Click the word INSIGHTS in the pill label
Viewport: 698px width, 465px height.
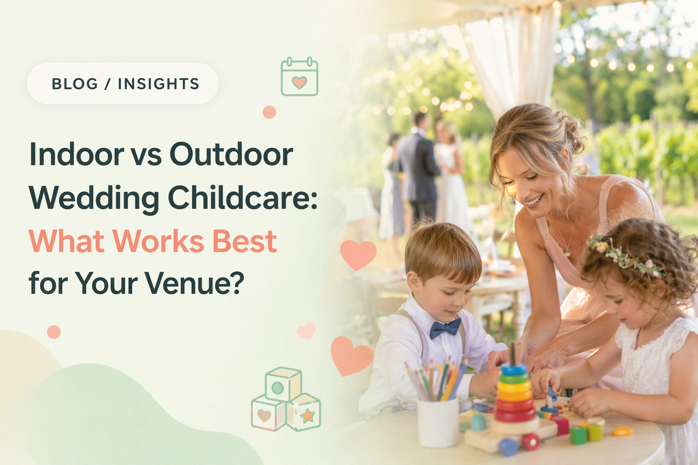pyautogui.click(x=159, y=84)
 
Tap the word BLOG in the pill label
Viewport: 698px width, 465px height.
pyautogui.click(x=75, y=84)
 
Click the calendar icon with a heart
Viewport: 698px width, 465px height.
pyautogui.click(x=300, y=76)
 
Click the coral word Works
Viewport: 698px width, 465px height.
pyautogui.click(x=158, y=241)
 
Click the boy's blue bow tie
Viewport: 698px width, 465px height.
pyautogui.click(x=445, y=328)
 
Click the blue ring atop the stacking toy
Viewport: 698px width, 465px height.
pyautogui.click(x=513, y=369)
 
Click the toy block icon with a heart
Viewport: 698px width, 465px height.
pyautogui.click(x=267, y=414)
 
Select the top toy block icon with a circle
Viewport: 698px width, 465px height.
pyautogui.click(x=283, y=384)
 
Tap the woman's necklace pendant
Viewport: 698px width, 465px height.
pyautogui.click(x=567, y=253)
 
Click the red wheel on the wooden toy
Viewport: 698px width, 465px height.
pyautogui.click(x=531, y=441)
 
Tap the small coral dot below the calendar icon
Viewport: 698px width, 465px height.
pyautogui.click(x=269, y=112)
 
